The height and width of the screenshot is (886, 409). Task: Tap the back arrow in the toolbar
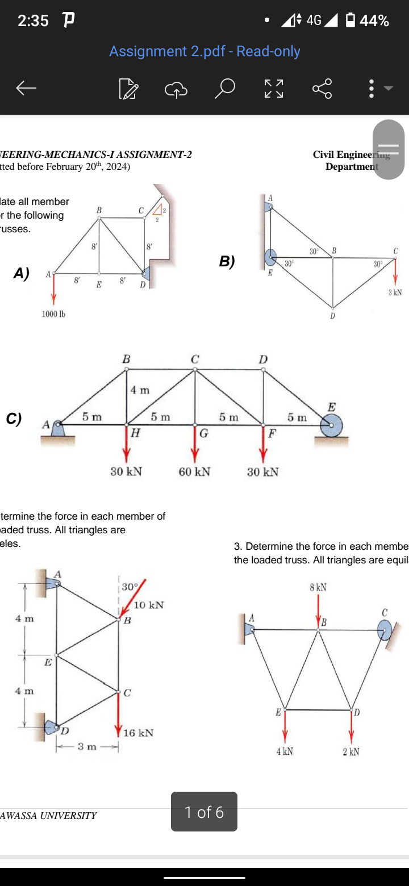(x=26, y=88)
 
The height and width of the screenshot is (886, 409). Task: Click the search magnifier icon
(x=226, y=88)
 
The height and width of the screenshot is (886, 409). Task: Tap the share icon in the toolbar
(x=322, y=88)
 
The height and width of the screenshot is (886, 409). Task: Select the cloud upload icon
(x=176, y=89)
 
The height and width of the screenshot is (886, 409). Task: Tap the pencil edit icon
(x=128, y=89)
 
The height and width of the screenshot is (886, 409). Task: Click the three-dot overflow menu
(x=371, y=88)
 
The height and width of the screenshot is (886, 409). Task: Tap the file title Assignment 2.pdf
(x=204, y=51)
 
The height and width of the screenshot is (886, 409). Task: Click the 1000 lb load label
(x=54, y=314)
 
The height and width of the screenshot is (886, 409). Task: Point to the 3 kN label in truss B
(x=395, y=292)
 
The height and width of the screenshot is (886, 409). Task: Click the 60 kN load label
(x=194, y=471)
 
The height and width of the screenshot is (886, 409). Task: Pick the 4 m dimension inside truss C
(x=140, y=390)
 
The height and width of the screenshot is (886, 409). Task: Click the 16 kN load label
(x=138, y=733)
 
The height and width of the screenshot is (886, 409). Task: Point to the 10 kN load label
(x=149, y=605)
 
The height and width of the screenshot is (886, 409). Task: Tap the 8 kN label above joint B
(x=318, y=587)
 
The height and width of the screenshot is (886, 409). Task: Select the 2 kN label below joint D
(x=350, y=751)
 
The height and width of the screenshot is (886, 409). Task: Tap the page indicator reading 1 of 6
(x=204, y=812)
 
